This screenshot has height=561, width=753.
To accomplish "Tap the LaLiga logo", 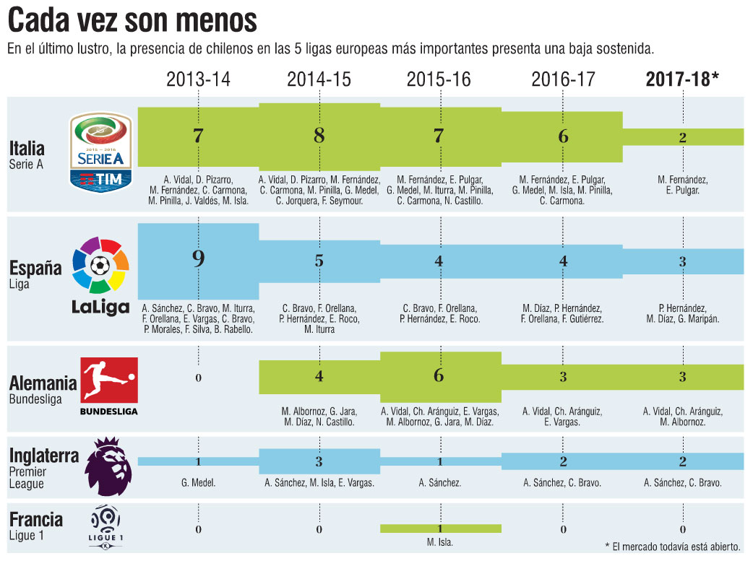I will click(x=100, y=277).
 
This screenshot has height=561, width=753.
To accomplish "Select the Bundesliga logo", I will click(x=108, y=386).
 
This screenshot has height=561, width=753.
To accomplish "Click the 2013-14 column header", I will click(x=198, y=79).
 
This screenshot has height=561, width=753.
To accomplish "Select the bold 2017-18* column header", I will click(x=682, y=79).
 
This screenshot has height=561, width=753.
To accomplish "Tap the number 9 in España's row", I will click(x=198, y=259).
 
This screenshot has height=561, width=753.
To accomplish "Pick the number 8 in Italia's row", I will click(x=319, y=135).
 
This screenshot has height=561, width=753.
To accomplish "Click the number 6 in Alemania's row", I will click(x=439, y=375).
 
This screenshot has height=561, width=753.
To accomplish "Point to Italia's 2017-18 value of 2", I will click(x=682, y=138).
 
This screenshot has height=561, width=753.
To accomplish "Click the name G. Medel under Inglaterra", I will click(x=198, y=483).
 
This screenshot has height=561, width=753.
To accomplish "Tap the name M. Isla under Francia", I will click(x=439, y=543).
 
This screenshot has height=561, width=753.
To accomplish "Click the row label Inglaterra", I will click(x=46, y=456).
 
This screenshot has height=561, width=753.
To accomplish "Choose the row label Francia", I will click(x=36, y=519).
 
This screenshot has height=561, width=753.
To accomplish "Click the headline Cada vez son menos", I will click(x=132, y=21).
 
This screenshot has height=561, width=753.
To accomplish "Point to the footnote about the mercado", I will click(x=676, y=545).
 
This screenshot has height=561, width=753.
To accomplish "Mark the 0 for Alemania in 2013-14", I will click(x=198, y=378).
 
